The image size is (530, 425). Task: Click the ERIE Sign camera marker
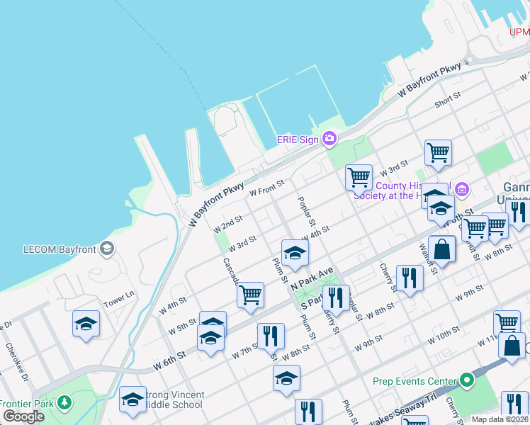click(x=329, y=139)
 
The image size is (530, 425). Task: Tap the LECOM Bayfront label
click(x=60, y=249)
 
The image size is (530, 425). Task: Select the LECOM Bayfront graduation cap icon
click(x=106, y=248)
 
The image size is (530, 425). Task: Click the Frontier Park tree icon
click(x=65, y=403)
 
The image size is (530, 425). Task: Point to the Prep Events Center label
click(x=415, y=381)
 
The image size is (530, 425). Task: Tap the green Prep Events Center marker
click(x=466, y=380)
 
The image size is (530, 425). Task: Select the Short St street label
click(x=448, y=102)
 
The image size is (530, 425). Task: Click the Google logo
click(x=23, y=416)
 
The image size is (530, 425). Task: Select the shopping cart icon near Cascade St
click(x=250, y=295)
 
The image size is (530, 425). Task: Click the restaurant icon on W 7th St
click(x=270, y=336)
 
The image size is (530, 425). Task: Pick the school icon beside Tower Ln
click(x=86, y=324)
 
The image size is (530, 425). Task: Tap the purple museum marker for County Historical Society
click(x=461, y=188)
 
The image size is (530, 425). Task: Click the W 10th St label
click(x=443, y=336)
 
